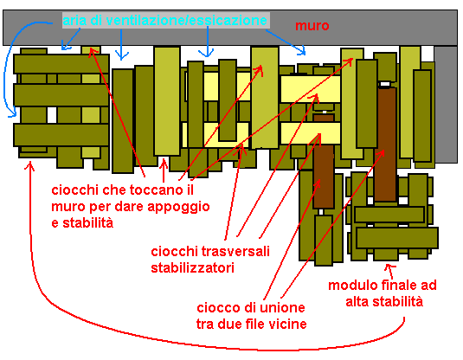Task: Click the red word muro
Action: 312,26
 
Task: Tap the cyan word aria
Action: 74,21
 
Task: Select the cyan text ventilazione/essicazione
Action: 186,21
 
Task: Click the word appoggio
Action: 178,208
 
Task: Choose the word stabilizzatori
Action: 192,268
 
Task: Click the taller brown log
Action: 386,145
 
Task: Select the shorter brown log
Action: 324,161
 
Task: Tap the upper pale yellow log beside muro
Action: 310,89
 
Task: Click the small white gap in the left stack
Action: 52,115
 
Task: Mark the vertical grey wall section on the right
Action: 446,104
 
